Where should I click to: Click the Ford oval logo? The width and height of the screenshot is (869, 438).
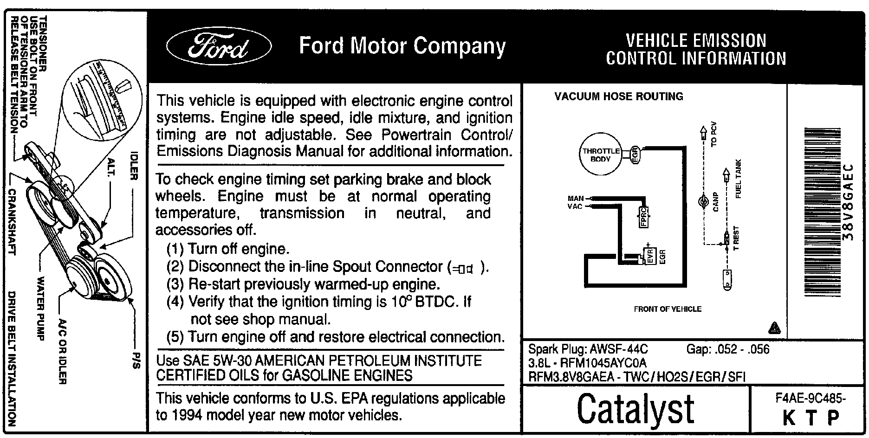(x=219, y=46)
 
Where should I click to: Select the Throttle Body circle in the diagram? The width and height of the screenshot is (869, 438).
(x=601, y=155)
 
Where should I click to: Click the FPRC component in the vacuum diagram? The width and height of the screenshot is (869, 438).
(x=644, y=217)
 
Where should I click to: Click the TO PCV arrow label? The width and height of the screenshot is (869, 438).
(x=713, y=134)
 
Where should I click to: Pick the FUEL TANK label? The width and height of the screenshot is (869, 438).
(x=739, y=179)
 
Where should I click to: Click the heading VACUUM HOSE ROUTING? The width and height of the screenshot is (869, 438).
(x=619, y=97)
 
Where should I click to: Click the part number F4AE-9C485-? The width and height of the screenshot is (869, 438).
(x=810, y=398)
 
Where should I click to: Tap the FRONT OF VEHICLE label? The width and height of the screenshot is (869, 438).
(x=668, y=309)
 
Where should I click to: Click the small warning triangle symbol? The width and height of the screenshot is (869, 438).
(x=774, y=328)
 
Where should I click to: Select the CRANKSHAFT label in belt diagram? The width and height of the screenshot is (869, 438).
(x=13, y=222)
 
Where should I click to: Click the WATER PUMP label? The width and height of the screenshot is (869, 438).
(x=41, y=309)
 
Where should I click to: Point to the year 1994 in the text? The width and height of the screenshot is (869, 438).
(x=188, y=415)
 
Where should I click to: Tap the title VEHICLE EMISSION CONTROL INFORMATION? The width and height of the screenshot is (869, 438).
(x=695, y=50)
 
